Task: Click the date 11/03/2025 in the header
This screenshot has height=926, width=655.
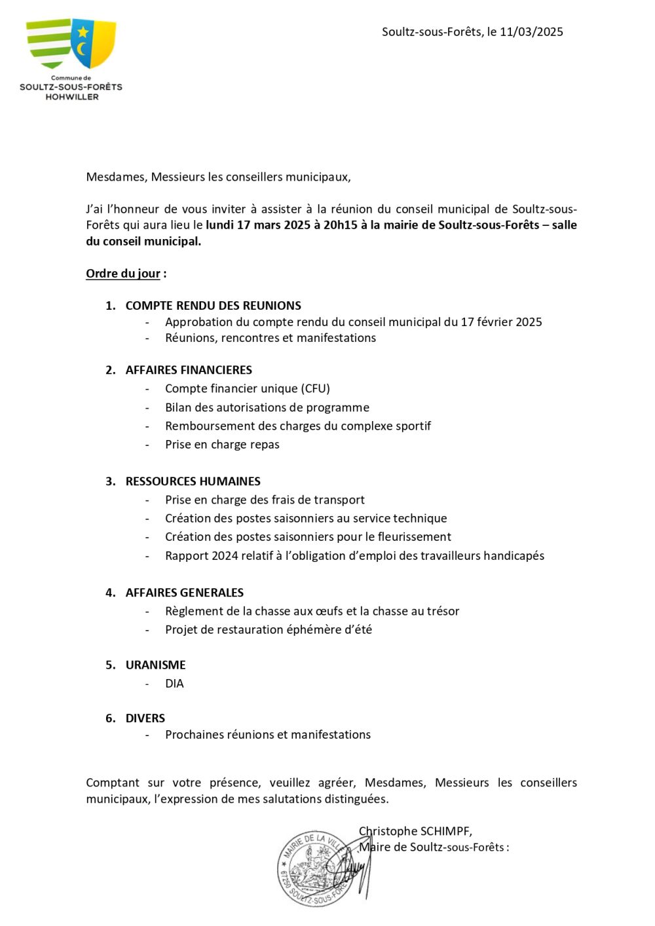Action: (x=531, y=31)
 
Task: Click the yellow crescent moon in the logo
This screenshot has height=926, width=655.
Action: (x=83, y=48)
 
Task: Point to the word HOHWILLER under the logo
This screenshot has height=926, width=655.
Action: (x=71, y=96)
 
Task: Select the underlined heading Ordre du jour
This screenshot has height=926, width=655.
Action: (x=123, y=273)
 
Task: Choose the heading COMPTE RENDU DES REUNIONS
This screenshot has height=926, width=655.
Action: (x=213, y=305)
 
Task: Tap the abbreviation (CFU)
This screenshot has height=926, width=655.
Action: (x=313, y=388)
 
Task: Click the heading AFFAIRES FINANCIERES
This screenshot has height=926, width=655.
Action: (x=189, y=369)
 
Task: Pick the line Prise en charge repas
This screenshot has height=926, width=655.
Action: (x=222, y=444)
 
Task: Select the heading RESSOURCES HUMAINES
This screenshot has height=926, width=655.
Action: (x=193, y=481)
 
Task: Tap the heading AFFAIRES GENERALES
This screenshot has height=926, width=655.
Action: (x=184, y=592)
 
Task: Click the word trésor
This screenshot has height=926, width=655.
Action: (x=442, y=611)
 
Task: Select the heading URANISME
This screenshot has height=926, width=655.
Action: (x=155, y=665)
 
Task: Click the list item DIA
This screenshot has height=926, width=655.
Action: (x=174, y=683)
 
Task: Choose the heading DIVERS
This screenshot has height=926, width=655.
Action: (x=145, y=718)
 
